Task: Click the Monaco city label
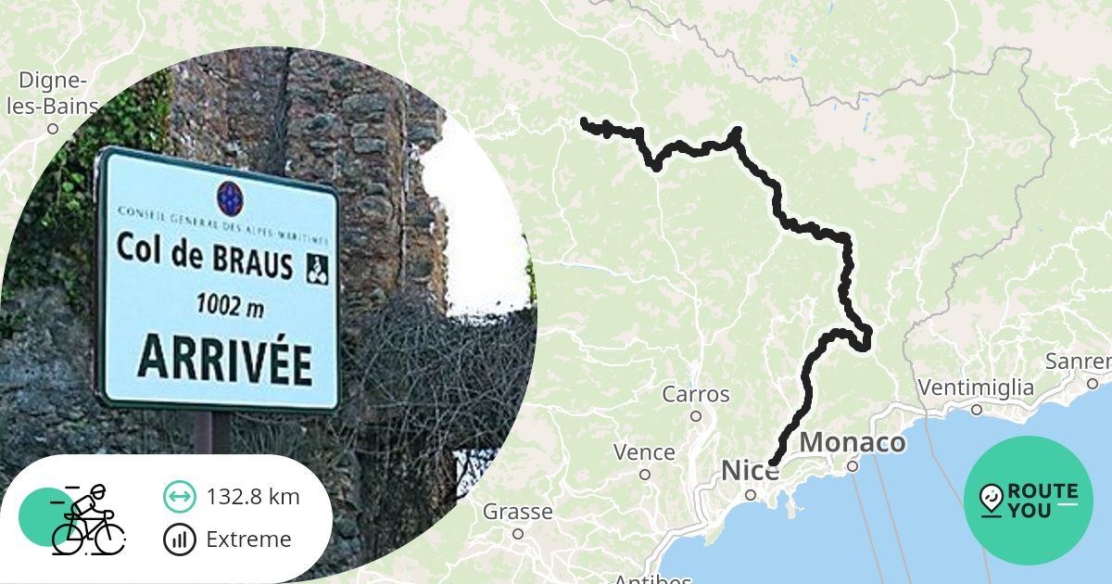click(x=853, y=443)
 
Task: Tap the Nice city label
click(x=750, y=471)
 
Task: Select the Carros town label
click(x=696, y=395)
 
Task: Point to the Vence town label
click(x=644, y=452)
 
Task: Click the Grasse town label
click(x=517, y=512)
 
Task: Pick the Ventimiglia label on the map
click(x=976, y=387)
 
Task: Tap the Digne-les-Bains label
click(x=53, y=93)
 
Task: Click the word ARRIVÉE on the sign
click(x=224, y=359)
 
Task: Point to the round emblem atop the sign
click(x=229, y=197)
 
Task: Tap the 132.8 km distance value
click(x=253, y=497)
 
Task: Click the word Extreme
click(x=248, y=540)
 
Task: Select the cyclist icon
click(x=86, y=519)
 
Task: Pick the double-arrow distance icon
click(x=179, y=497)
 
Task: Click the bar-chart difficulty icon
click(x=179, y=540)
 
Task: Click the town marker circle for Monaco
click(x=853, y=466)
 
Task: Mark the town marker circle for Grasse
click(x=518, y=533)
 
